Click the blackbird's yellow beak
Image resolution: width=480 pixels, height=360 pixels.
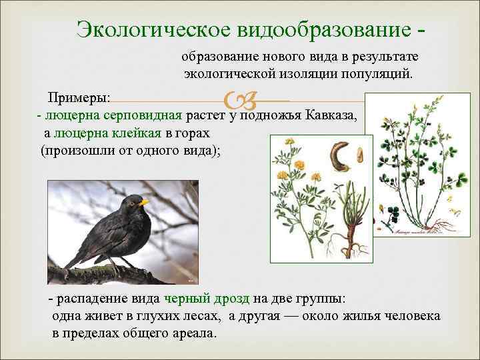[x=145, y=202]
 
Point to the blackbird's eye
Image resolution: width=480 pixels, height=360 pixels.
[x=134, y=200]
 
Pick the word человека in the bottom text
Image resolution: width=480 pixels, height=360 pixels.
[x=413, y=315]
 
